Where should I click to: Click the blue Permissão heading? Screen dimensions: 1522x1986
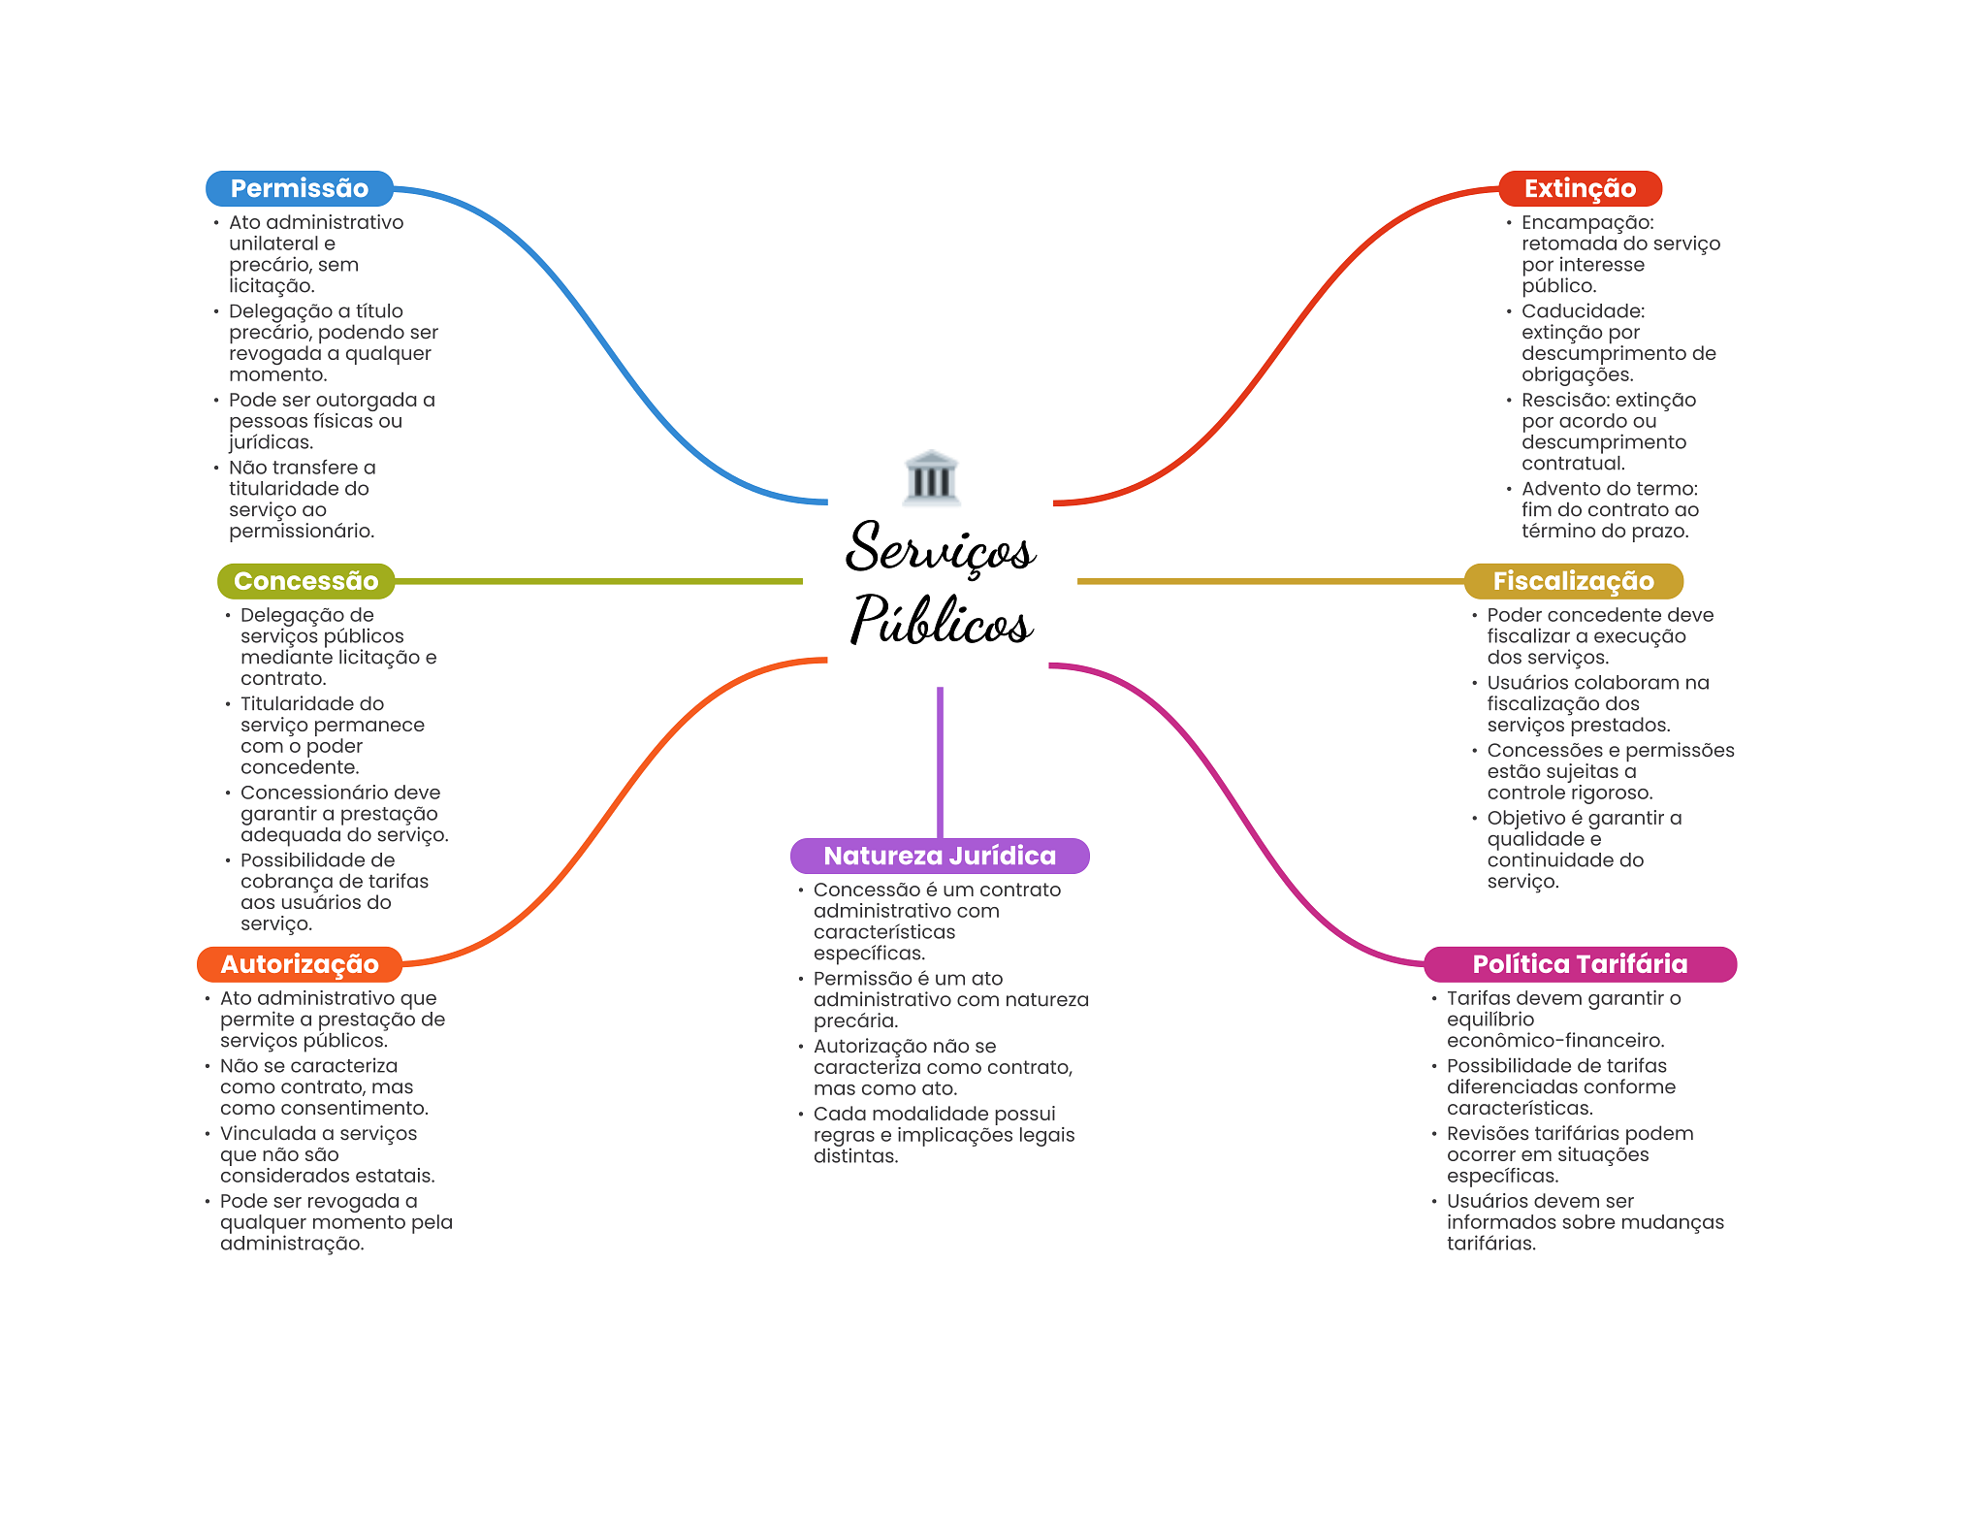299,188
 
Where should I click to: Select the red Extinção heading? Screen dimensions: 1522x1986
1579,188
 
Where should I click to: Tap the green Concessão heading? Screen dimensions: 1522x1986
305,581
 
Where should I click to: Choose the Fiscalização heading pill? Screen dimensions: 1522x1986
1572,581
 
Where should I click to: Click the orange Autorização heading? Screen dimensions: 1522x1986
299,964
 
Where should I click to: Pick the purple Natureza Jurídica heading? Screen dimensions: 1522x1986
939,856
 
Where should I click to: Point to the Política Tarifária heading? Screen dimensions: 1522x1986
1579,964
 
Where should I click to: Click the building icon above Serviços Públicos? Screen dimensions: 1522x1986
931,477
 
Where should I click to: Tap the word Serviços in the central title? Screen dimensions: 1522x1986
940,549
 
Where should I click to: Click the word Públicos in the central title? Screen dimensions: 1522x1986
940,622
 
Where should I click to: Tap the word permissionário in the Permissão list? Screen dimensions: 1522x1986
301,531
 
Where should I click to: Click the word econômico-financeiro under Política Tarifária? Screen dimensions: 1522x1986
1554,1041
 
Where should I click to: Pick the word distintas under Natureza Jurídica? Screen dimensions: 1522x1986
855,1156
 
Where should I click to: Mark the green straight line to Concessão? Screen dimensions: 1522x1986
598,581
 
